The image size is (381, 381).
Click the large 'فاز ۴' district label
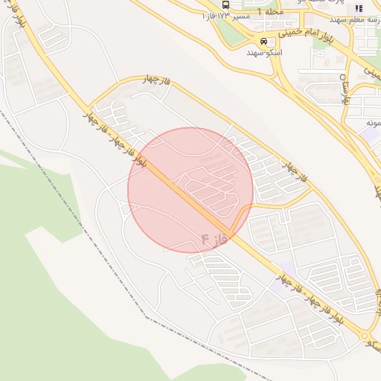213,239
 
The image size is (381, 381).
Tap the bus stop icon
226,4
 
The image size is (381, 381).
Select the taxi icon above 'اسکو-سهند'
264,41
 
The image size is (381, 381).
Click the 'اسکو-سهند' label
265,53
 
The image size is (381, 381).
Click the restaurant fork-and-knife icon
359,9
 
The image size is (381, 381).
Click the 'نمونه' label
373,122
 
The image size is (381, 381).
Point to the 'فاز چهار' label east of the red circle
295,171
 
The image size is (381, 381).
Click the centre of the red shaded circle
190,190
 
